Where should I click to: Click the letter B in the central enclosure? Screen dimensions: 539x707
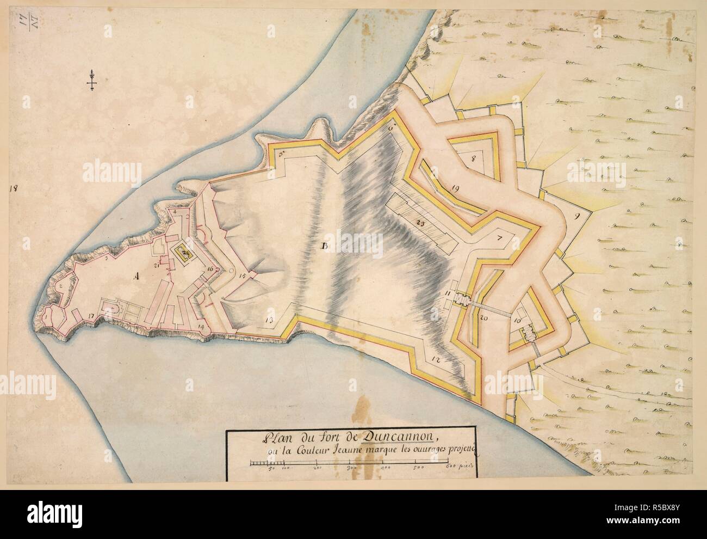tap(325, 248)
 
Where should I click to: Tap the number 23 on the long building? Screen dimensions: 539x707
tap(419, 223)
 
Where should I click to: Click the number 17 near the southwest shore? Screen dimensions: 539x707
tap(90, 316)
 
